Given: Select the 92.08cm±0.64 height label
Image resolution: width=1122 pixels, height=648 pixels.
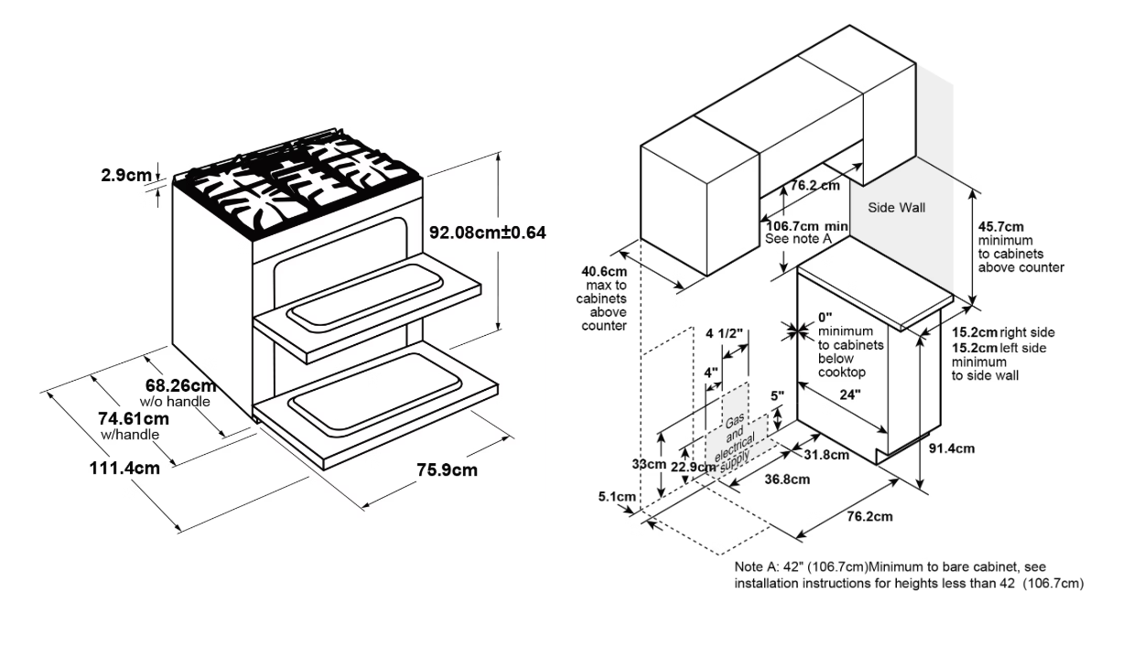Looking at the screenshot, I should pos(487,232).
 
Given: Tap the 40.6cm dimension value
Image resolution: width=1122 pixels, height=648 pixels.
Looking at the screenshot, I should pos(605,271).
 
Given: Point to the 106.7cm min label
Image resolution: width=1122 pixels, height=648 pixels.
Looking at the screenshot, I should pos(808,225).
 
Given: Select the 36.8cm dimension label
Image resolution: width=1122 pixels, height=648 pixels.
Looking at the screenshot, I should pos(784,479).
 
